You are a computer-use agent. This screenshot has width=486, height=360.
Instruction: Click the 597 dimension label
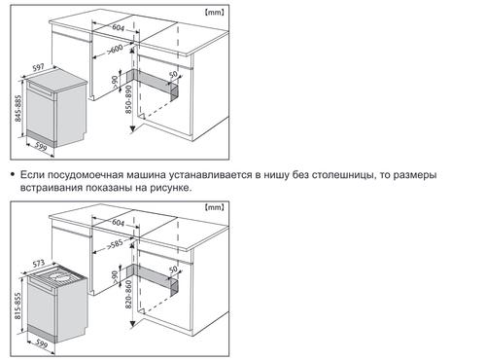pos(39,68)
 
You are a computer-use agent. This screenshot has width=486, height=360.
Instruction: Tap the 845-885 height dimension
pos(18,109)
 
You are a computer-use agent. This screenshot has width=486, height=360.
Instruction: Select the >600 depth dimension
pos(115,50)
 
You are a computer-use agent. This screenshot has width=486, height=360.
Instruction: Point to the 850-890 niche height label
pos(128,99)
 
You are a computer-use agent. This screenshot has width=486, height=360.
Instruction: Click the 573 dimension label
pos(39,264)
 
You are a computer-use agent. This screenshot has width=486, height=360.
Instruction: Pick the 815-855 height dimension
pos(18,306)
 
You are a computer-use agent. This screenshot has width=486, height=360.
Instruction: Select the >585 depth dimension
pos(115,244)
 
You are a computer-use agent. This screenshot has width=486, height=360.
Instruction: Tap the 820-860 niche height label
pos(128,295)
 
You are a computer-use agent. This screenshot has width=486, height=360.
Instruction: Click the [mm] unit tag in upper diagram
pos(214,13)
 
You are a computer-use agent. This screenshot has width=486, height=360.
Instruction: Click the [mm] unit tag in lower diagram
pos(214,207)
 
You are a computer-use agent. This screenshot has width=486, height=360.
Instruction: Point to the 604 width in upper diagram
pos(119,27)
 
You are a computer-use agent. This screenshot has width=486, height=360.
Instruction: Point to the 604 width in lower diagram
pos(119,223)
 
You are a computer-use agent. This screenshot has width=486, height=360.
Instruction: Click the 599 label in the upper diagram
pos(41,147)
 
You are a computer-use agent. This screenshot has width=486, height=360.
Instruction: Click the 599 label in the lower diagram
pos(41,342)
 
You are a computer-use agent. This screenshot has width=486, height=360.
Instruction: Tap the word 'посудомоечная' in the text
pos(86,175)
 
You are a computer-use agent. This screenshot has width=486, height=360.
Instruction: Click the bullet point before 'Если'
pos(13,175)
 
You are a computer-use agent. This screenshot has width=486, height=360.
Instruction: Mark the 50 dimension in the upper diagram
pos(174,74)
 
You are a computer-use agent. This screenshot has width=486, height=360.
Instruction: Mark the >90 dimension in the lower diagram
pos(115,277)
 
